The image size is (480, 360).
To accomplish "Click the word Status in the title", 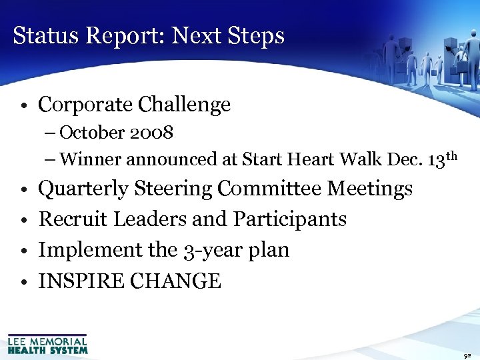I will tap(41, 35).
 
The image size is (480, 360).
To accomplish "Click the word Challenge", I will tap(184, 105).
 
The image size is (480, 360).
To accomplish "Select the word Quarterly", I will tap(83, 189).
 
